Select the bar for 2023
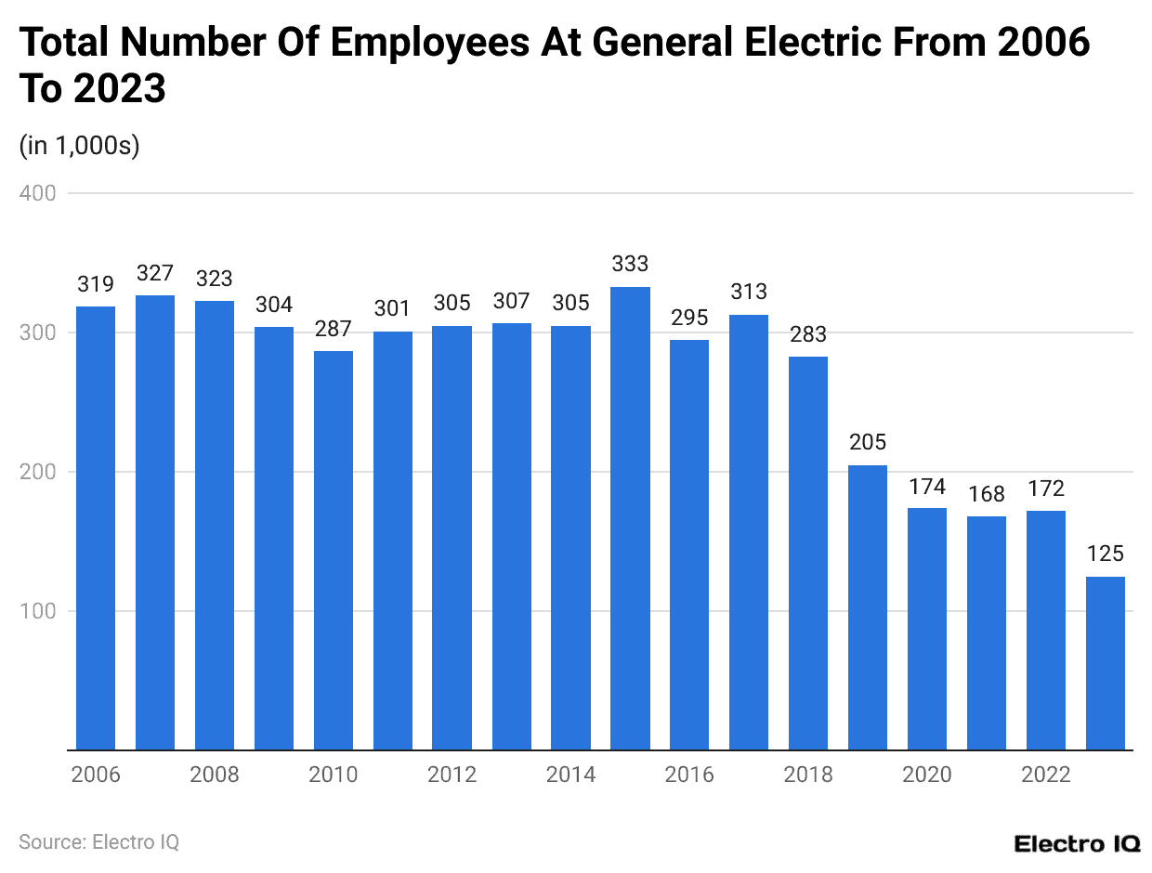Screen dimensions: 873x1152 coord(1105,663)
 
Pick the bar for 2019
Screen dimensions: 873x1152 coord(868,607)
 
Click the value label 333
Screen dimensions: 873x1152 coord(630,265)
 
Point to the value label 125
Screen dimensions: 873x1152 coord(1105,554)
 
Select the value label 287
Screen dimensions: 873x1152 coord(334,329)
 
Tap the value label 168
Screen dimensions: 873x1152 coord(987,494)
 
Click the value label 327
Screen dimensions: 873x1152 coord(155,273)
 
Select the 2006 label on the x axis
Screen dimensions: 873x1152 coord(96,775)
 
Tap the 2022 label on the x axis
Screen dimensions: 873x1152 coord(1045,775)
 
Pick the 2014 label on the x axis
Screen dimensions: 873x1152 coord(570,775)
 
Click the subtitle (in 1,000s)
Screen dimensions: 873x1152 coord(79,146)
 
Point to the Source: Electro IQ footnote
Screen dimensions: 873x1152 coord(98,841)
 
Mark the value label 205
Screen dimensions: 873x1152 coord(868,443)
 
